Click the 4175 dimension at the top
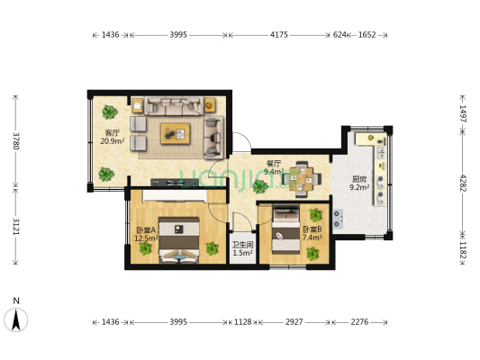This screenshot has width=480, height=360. click(x=278, y=35)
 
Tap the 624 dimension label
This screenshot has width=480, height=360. click(x=340, y=35)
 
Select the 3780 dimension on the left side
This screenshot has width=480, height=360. click(x=16, y=140)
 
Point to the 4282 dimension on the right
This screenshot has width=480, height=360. click(x=463, y=183)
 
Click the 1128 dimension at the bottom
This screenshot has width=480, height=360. click(x=242, y=322)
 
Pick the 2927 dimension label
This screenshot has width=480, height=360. click(x=294, y=322)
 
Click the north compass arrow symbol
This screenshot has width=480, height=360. click(x=16, y=319)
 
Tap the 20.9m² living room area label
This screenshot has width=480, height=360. click(x=113, y=141)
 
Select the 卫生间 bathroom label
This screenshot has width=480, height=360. click(x=242, y=245)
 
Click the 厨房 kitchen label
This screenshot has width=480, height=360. click(x=359, y=179)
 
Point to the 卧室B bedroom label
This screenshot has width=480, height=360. click(x=312, y=229)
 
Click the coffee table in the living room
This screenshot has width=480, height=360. click(x=175, y=133)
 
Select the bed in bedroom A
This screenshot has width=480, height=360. click(x=179, y=239)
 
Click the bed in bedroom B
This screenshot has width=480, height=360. click(x=285, y=229)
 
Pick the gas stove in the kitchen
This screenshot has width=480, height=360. click(x=338, y=219)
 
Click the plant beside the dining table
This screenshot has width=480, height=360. click(x=260, y=186)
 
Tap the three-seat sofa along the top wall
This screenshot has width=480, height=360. click(x=174, y=106)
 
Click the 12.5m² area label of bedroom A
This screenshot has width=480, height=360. click(x=146, y=238)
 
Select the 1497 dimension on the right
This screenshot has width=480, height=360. click(x=463, y=113)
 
